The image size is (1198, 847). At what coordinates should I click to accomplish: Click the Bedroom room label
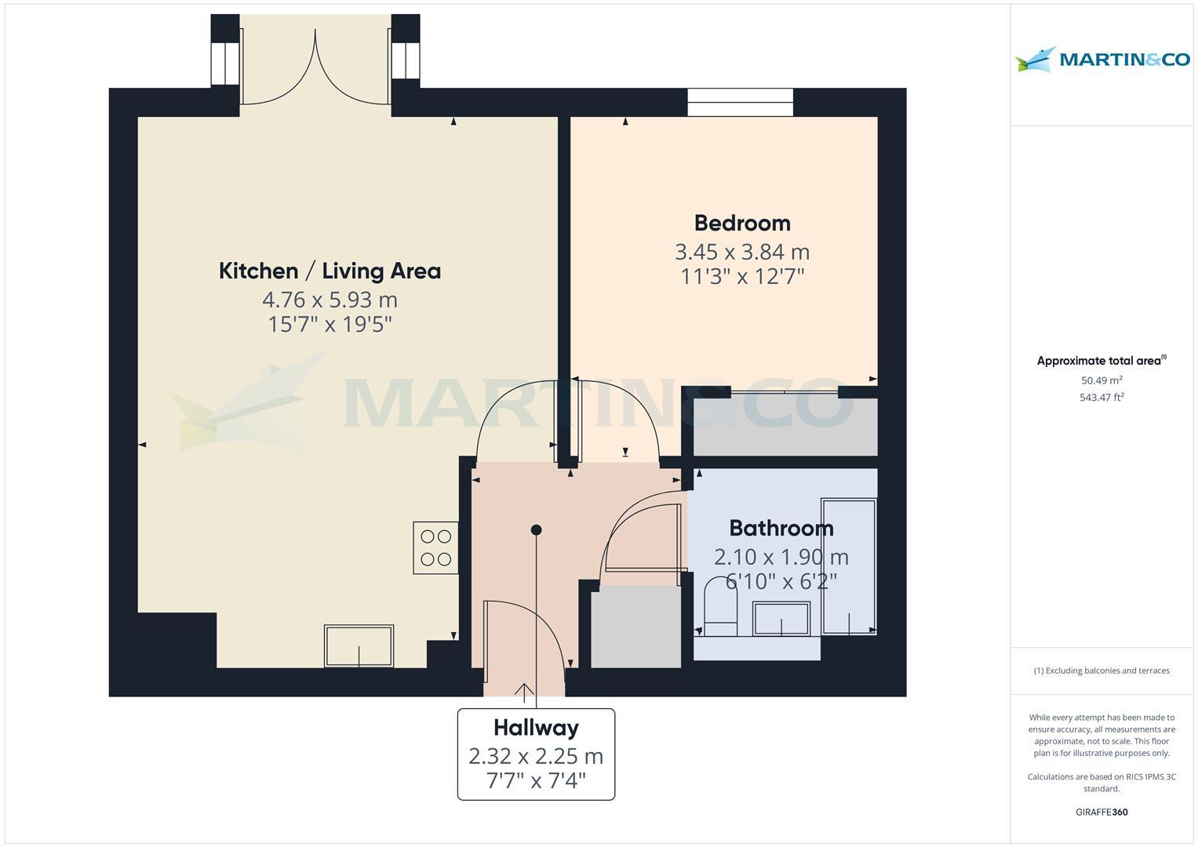[x=741, y=224]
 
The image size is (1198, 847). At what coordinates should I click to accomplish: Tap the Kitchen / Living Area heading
[x=330, y=271]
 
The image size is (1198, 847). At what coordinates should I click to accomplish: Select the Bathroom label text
[x=781, y=528]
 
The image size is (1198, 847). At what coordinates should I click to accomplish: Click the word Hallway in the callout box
[x=536, y=728]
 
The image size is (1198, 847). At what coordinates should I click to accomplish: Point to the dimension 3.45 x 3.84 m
[x=741, y=252]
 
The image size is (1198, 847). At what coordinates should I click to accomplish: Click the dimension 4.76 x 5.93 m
[x=330, y=300]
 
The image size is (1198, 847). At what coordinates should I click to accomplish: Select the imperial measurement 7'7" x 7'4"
[x=536, y=781]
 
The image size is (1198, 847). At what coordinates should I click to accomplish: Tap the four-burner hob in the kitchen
[x=435, y=547]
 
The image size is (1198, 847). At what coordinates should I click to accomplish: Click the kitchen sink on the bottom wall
[x=359, y=645]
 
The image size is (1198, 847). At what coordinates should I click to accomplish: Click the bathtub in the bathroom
[x=848, y=565]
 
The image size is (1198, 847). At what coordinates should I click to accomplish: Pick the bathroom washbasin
[x=781, y=619]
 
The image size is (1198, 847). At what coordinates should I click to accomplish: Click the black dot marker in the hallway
[x=536, y=530]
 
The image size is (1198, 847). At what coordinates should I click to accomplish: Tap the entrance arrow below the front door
[x=524, y=691]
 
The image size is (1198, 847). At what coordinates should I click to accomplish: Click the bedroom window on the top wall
[x=740, y=102]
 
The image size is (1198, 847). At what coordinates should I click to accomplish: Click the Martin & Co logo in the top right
[x=1102, y=60]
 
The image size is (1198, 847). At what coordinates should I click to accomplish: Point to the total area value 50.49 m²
[x=1102, y=380]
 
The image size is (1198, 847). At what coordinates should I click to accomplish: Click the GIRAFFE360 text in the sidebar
[x=1102, y=812]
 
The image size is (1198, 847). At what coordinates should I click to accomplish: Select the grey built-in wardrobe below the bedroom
[x=785, y=427]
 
